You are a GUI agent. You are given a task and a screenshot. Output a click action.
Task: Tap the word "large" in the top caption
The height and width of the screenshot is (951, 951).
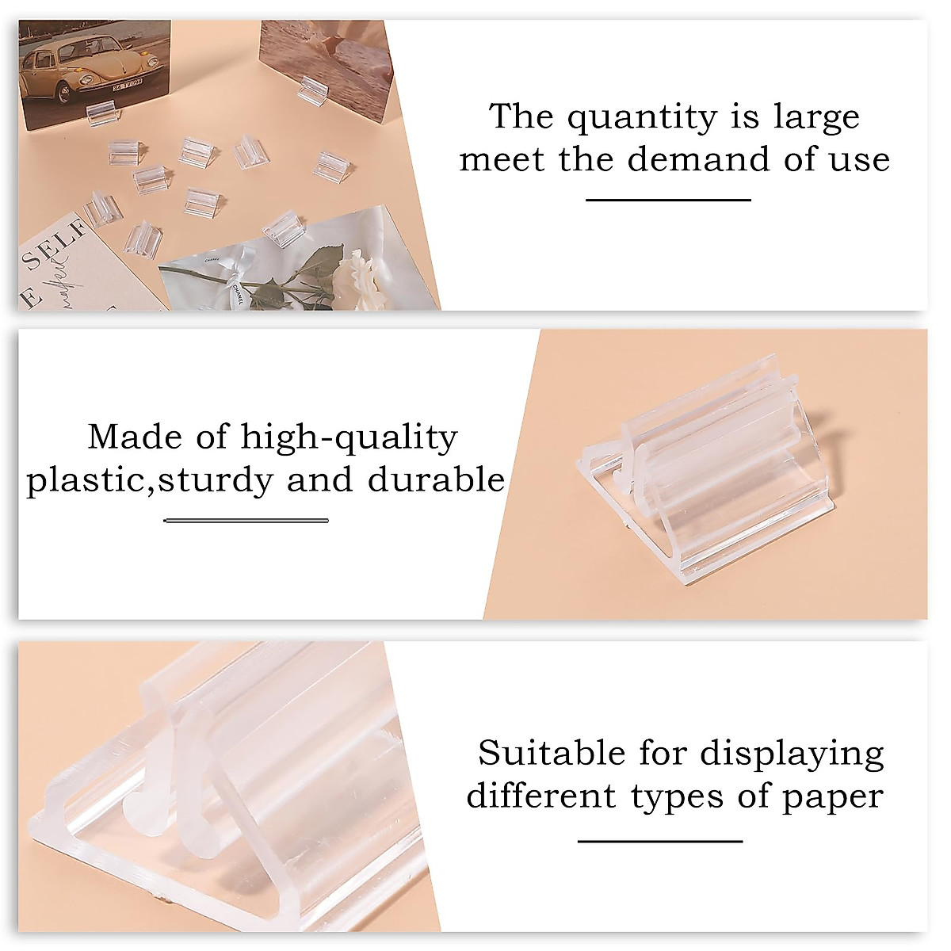click(816, 118)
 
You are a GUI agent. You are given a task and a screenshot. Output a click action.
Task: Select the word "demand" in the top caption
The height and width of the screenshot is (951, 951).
click(696, 159)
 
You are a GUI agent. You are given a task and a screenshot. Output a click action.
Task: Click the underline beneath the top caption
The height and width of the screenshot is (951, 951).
click(668, 200)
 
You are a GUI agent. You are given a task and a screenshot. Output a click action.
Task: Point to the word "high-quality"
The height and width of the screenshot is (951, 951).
click(349, 437)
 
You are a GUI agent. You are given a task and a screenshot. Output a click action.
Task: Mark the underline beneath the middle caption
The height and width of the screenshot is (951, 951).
click(246, 521)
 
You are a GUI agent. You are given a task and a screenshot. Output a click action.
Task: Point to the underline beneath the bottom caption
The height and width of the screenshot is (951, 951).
click(660, 841)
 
